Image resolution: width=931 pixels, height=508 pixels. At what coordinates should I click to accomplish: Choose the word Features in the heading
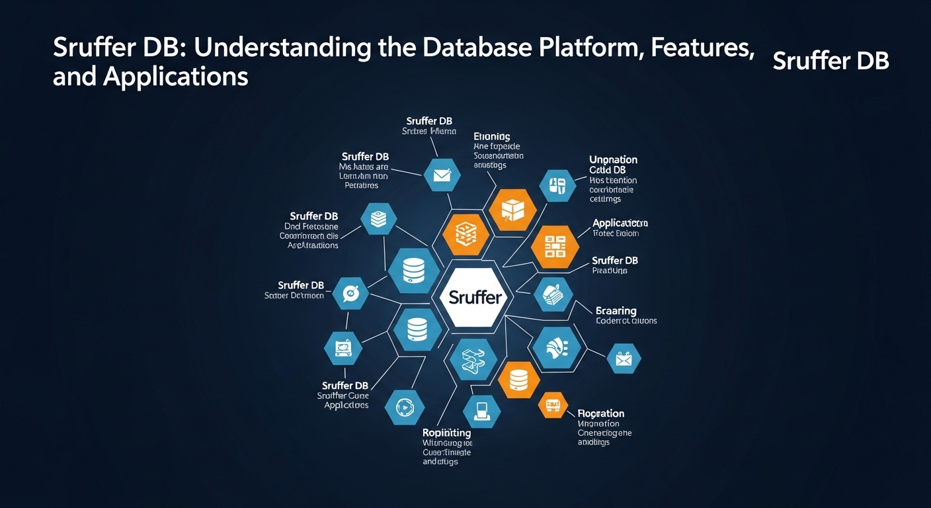(x=704, y=48)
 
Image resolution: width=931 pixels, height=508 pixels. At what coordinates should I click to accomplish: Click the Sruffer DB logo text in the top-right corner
(x=830, y=61)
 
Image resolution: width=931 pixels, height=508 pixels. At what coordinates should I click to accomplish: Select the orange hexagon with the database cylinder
(x=519, y=380)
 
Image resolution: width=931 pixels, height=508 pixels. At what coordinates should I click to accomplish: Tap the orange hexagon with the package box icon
(x=512, y=209)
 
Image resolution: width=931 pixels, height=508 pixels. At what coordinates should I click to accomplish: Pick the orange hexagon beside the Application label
(x=555, y=247)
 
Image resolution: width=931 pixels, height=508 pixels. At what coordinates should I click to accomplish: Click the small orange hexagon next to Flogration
(x=553, y=404)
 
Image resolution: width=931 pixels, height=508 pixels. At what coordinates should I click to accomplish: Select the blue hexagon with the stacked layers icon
(x=379, y=220)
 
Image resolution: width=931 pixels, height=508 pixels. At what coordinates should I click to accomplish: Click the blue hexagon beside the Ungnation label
(x=557, y=186)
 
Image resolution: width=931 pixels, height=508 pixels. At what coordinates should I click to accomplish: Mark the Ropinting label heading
(x=446, y=433)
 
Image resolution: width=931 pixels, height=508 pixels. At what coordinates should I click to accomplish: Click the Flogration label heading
(x=600, y=413)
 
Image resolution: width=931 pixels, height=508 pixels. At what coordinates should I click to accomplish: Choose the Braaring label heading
(x=616, y=310)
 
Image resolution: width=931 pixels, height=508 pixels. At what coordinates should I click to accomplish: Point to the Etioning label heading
(x=492, y=136)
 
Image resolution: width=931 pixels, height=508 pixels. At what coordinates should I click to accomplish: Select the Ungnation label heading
(x=613, y=159)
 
